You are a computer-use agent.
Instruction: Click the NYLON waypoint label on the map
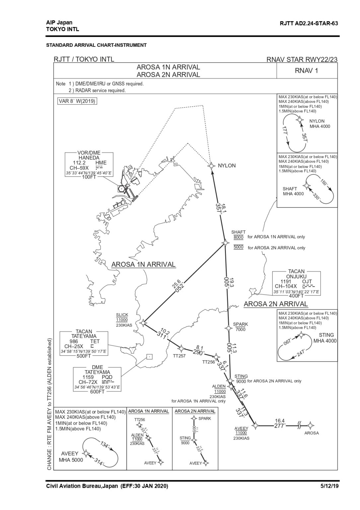[x=227, y=166]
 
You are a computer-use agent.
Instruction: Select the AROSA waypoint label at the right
[x=311, y=433]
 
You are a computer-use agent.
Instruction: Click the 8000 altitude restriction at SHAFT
[x=238, y=237]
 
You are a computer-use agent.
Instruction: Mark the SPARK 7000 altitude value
[x=241, y=329]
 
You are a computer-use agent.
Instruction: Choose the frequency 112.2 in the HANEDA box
[x=79, y=163]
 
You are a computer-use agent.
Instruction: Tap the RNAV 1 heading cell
[x=306, y=71]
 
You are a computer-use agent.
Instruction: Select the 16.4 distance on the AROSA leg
[x=280, y=420]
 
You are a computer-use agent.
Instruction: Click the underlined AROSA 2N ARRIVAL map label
[x=276, y=304]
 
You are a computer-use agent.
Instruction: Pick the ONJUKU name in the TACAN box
[x=296, y=276]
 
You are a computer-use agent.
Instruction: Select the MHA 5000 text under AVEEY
[x=71, y=460]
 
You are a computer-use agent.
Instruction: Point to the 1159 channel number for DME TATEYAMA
[x=88, y=377]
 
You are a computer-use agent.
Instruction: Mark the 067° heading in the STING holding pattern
[x=288, y=342]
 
